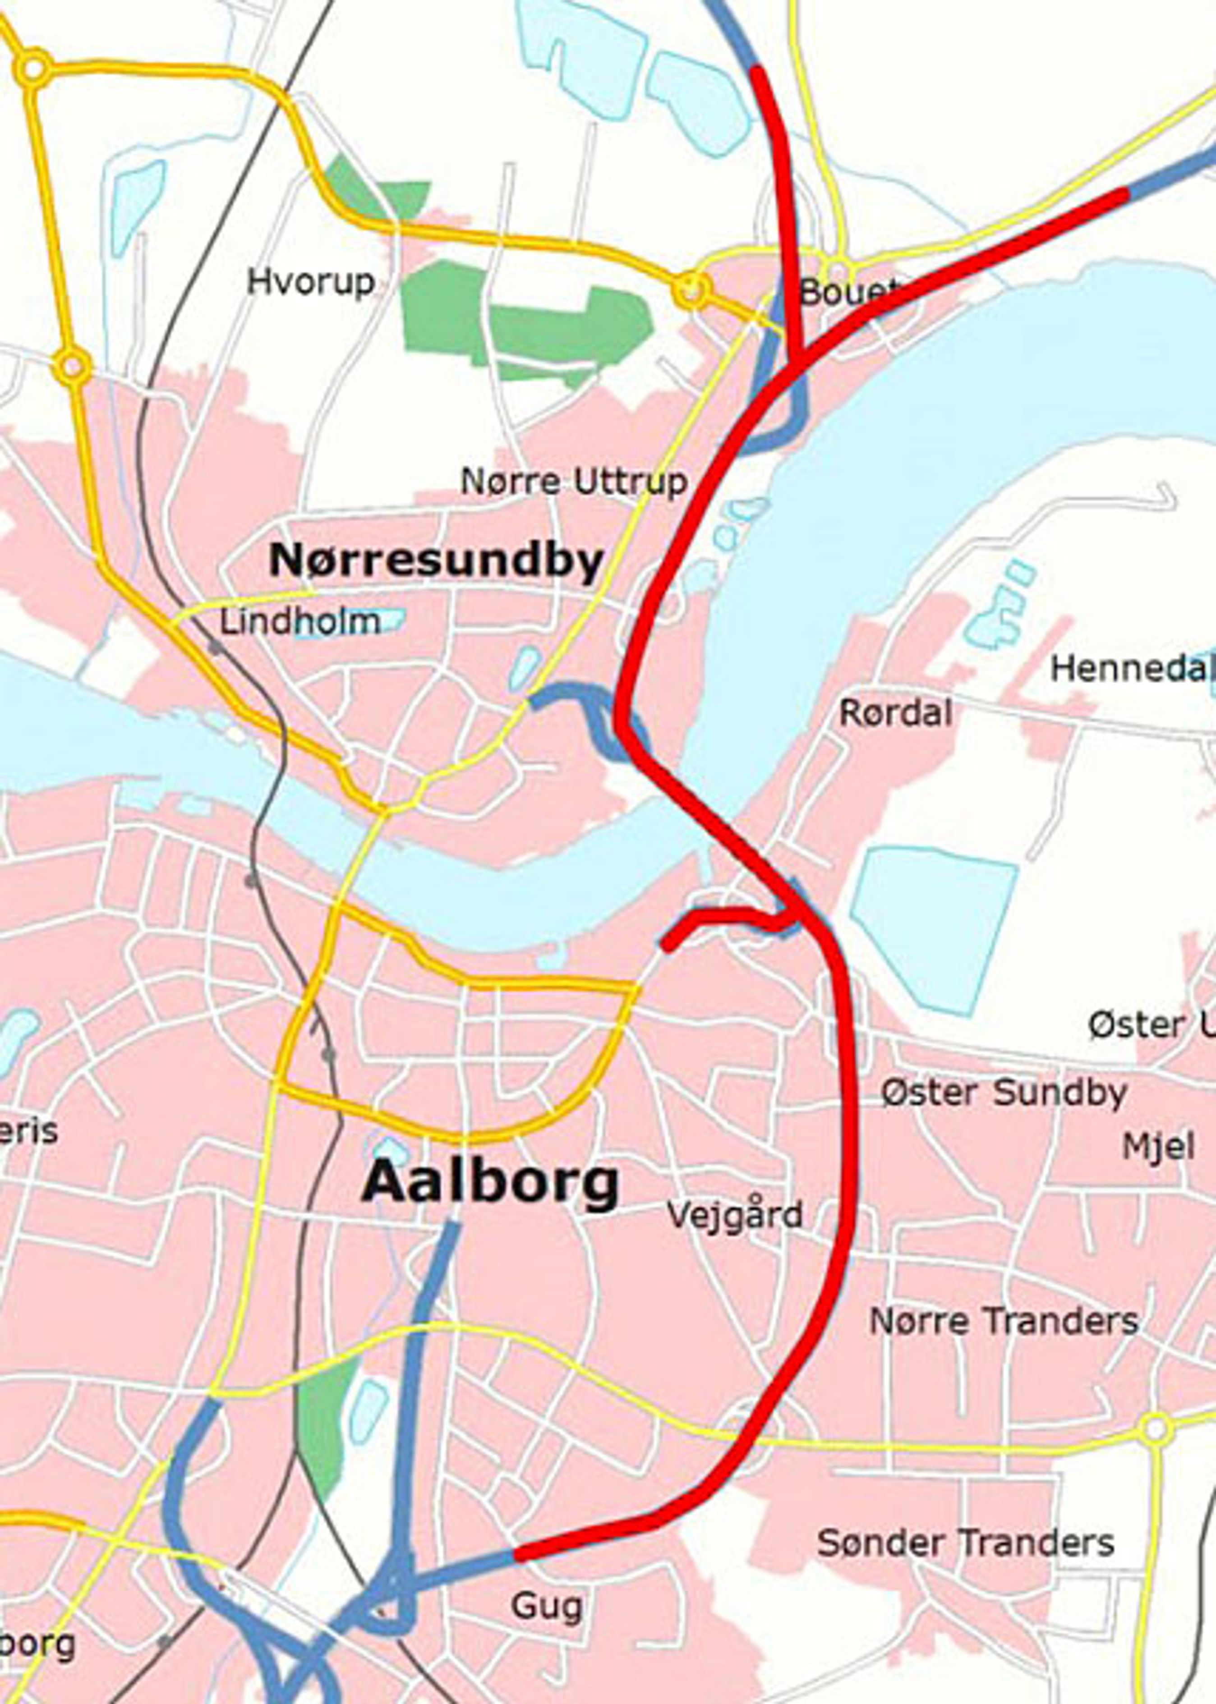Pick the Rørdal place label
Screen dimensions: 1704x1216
click(x=895, y=713)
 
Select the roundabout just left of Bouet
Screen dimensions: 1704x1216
click(x=691, y=290)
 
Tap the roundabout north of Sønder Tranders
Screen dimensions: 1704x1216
click(x=1156, y=1428)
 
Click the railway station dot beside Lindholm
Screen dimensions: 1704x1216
click(x=215, y=646)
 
